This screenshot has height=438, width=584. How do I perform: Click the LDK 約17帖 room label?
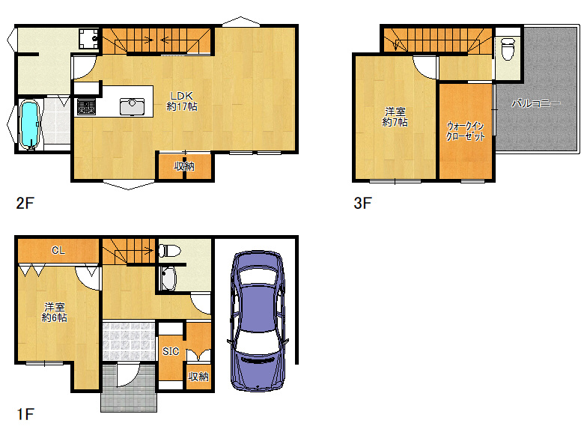(182, 101)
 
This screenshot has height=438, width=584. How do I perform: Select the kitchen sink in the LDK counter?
(132, 106)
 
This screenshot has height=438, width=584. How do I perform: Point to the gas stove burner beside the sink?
(86, 107)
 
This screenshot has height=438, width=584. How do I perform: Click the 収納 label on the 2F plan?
(184, 166)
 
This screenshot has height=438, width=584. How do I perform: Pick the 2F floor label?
(25, 203)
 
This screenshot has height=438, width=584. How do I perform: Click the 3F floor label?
(362, 203)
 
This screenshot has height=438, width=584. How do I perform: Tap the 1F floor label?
(25, 414)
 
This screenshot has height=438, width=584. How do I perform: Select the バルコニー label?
(535, 103)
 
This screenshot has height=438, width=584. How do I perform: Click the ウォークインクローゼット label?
(466, 131)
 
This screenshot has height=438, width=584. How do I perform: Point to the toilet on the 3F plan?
(508, 49)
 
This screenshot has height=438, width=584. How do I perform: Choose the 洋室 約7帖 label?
(395, 117)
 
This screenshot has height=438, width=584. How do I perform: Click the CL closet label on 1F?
(58, 250)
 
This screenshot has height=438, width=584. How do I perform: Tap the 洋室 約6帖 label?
(55, 312)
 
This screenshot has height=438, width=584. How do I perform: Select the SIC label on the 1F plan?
(171, 351)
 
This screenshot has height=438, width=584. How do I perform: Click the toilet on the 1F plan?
(169, 250)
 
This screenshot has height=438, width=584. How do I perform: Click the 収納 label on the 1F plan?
(198, 377)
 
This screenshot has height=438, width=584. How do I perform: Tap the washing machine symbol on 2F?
(88, 39)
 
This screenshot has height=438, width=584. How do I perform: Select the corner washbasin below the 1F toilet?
(168, 279)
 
